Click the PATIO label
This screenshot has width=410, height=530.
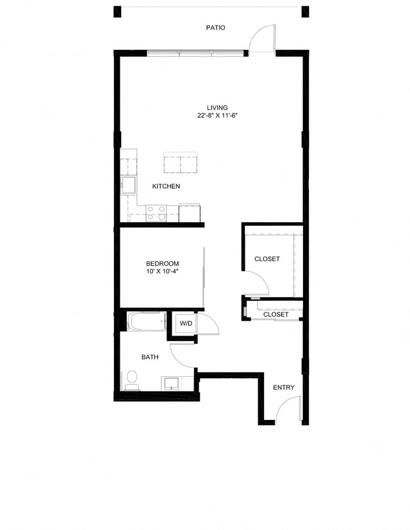pyautogui.click(x=215, y=28)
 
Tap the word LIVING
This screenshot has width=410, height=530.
pyautogui.click(x=217, y=108)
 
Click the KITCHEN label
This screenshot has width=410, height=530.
pyautogui.click(x=166, y=186)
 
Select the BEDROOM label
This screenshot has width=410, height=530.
pyautogui.click(x=162, y=264)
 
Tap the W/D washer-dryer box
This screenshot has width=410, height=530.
pyautogui.click(x=186, y=324)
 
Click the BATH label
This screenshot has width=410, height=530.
pyautogui.click(x=150, y=357)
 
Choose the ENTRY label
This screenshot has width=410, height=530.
pyautogui.click(x=284, y=387)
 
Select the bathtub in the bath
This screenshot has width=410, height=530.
pyautogui.click(x=146, y=321)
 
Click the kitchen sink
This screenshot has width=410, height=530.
pyautogui.click(x=128, y=186)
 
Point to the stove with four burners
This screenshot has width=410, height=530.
pyautogui.click(x=156, y=213)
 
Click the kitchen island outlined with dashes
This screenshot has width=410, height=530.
pyautogui.click(x=180, y=163)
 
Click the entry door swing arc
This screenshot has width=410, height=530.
pyautogui.click(x=290, y=408)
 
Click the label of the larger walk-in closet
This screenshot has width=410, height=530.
pyautogui.click(x=267, y=259)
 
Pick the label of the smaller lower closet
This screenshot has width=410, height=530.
pyautogui.click(x=275, y=314)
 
